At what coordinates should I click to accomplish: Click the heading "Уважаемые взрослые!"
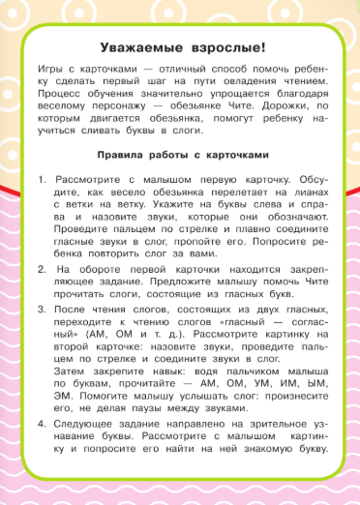180,48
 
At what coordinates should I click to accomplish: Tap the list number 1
42,181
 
